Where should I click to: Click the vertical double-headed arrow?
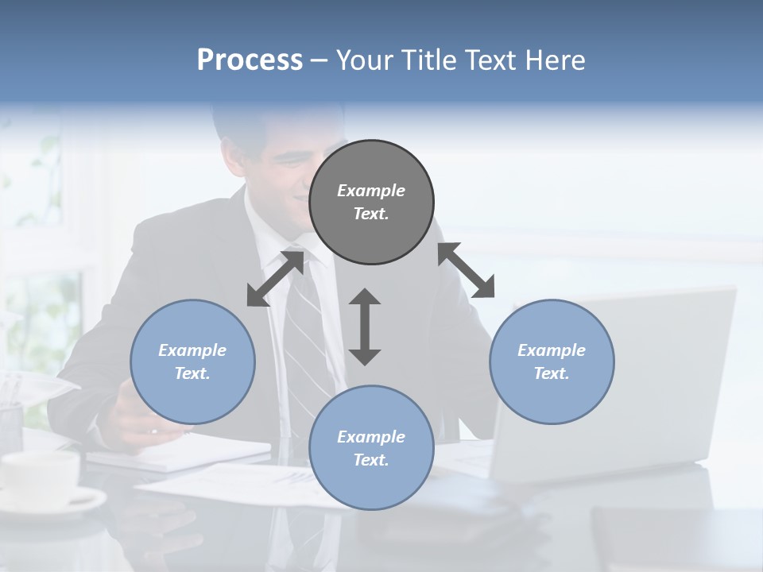[365, 327]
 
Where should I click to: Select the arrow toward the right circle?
[467, 271]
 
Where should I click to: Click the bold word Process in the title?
[250, 60]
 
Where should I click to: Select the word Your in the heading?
[363, 60]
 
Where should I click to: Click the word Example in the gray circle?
[371, 191]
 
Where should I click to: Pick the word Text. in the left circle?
[192, 373]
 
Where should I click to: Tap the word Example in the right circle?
[552, 350]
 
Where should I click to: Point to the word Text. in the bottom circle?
[371, 460]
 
